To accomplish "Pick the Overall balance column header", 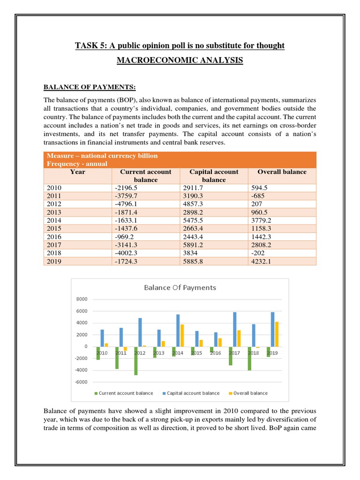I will [x=282, y=172].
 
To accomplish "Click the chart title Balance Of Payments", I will [x=180, y=287].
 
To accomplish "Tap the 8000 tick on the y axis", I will [x=82, y=299].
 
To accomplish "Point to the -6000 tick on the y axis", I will [x=82, y=382].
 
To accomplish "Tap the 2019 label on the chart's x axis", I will [x=273, y=353].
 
